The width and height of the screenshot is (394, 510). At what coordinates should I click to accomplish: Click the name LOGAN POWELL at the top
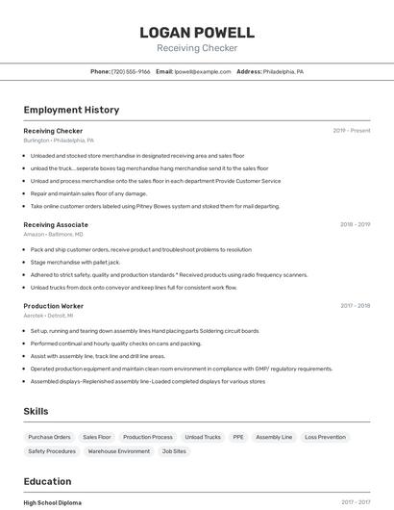tap(197, 33)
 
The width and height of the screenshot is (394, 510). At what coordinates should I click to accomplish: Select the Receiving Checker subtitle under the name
tap(197, 48)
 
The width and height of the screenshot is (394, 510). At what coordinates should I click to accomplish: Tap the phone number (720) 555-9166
tap(131, 71)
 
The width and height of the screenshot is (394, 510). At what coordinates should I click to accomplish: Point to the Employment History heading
tap(71, 110)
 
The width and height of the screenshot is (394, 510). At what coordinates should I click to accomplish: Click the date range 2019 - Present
tap(352, 130)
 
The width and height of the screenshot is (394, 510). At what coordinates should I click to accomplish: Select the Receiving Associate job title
tap(56, 224)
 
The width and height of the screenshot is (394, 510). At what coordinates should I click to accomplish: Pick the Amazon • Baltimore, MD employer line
tap(54, 234)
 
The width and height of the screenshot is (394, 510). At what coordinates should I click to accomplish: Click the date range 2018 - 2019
tap(355, 224)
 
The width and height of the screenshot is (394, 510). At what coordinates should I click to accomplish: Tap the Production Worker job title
tap(54, 306)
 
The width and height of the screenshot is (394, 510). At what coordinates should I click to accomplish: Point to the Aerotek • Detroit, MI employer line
tap(49, 316)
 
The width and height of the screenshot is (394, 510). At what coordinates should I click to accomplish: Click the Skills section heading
tap(37, 412)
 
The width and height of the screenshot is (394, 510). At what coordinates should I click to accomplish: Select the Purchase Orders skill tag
tap(49, 437)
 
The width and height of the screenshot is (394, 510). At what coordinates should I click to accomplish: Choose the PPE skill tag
tap(237, 437)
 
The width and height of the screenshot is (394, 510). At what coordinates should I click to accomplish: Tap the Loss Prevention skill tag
tap(325, 437)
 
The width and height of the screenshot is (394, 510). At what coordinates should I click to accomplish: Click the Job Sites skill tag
tap(174, 450)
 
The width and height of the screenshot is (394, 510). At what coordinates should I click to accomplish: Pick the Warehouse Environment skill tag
tap(119, 450)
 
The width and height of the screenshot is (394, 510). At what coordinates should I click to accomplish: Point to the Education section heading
tap(47, 481)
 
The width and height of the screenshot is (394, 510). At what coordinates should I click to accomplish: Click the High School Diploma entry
tap(53, 502)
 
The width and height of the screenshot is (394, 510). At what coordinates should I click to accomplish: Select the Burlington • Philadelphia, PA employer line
tap(60, 140)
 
